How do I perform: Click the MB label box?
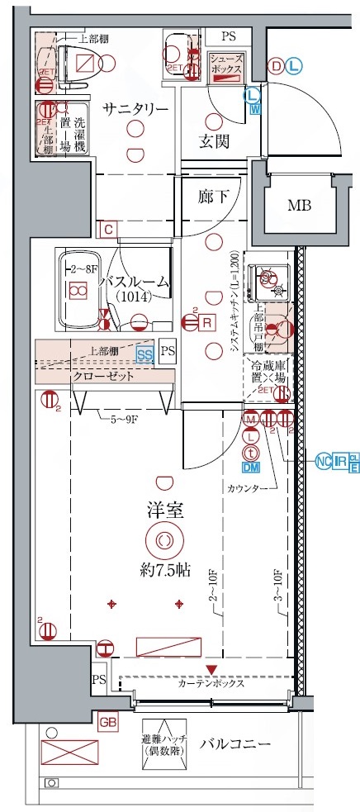(300, 205)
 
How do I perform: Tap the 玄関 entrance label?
(214, 141)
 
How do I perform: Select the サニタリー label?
(136, 109)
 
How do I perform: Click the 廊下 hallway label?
(213, 197)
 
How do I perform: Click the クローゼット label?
(104, 376)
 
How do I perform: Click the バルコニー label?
(236, 744)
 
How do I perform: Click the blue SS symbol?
(145, 355)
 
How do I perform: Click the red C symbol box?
(107, 229)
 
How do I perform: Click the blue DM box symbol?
(251, 468)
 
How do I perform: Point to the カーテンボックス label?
(210, 684)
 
